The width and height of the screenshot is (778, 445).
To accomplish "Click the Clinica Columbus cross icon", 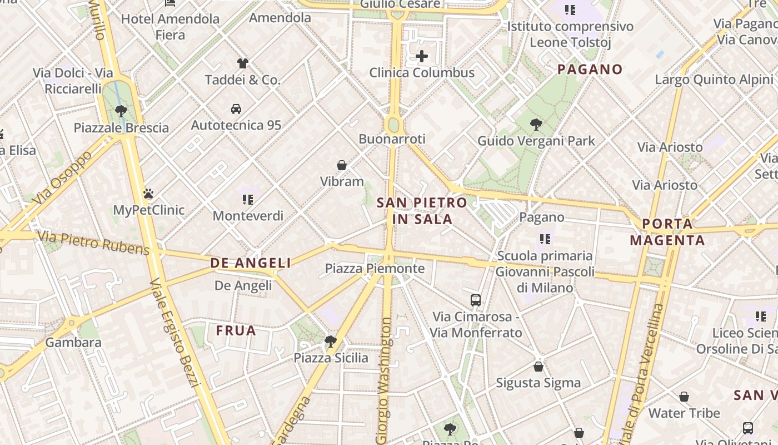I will click(x=422, y=56).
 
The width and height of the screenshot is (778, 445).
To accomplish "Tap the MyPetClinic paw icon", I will click(x=148, y=194).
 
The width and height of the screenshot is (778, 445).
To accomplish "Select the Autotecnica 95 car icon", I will click(x=236, y=108).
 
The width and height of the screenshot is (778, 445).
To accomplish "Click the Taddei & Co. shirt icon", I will click(x=242, y=63).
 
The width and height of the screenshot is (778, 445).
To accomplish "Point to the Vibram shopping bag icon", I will click(x=342, y=165).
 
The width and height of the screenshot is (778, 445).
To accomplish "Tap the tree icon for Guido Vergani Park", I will click(x=536, y=124).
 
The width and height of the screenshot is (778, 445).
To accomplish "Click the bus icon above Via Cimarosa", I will click(x=476, y=300).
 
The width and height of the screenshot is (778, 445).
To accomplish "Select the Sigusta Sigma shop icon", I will click(x=538, y=367).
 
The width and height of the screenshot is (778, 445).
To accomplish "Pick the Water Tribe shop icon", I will click(x=684, y=397).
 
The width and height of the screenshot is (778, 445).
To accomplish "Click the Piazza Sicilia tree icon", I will click(x=331, y=341).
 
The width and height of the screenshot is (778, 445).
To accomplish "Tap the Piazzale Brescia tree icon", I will click(x=121, y=111).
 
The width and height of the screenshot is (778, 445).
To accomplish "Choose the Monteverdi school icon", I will click(x=248, y=199).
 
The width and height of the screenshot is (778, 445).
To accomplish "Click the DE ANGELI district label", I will click(x=251, y=263).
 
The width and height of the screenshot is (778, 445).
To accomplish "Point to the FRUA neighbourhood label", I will click(x=236, y=331).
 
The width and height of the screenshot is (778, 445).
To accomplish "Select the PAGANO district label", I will click(x=590, y=70).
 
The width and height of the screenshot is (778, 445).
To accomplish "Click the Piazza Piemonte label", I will click(x=375, y=269).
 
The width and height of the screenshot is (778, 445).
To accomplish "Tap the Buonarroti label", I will click(x=392, y=139).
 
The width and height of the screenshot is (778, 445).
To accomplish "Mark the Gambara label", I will click(x=73, y=342).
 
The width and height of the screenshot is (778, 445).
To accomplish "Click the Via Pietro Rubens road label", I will click(x=93, y=244).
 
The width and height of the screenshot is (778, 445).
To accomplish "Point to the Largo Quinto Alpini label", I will click(x=714, y=80).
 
